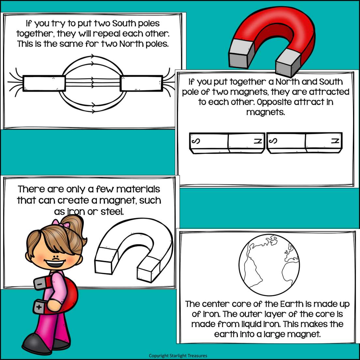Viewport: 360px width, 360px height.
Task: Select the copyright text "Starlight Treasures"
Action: (x=188, y=355)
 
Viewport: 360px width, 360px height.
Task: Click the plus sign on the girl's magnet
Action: (x=39, y=307)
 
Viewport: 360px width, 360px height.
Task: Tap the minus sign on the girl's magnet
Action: (x=39, y=284)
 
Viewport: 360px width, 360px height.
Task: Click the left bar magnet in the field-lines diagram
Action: (x=44, y=83)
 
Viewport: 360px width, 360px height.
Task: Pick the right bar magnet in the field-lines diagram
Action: (x=141, y=83)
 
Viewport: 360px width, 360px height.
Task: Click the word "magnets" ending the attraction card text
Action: (x=265, y=112)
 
